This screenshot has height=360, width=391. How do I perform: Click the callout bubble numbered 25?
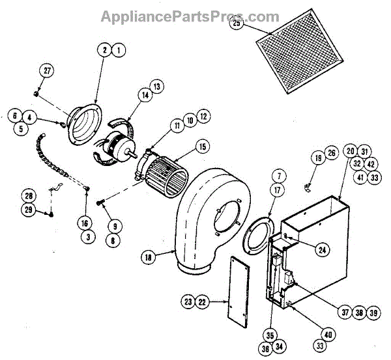(x=237, y=24)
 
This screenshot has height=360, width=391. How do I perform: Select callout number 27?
(x=46, y=70)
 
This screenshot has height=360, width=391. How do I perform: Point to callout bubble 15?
(x=203, y=147)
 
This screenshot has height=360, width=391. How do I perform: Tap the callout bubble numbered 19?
(x=317, y=157)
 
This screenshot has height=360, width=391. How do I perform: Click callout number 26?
(x=331, y=154)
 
